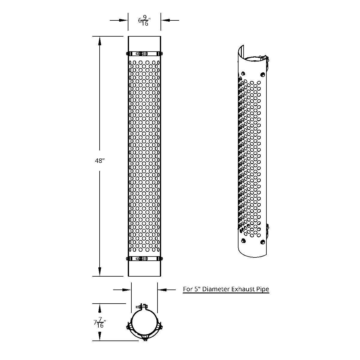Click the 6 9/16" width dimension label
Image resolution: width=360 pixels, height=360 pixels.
[144, 21]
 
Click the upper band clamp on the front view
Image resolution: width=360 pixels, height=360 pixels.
[144, 54]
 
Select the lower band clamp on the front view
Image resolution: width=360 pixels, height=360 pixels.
[144, 259]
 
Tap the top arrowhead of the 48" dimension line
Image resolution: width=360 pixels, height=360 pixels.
[99, 40]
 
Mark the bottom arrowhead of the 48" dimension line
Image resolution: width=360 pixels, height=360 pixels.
[99, 272]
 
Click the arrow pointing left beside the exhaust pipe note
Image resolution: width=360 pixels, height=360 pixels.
[162, 289]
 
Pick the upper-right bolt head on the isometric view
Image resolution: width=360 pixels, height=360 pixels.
[263, 74]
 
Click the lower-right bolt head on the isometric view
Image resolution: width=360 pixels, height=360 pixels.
[263, 242]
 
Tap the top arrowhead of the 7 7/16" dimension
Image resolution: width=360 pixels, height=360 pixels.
[99, 307]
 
